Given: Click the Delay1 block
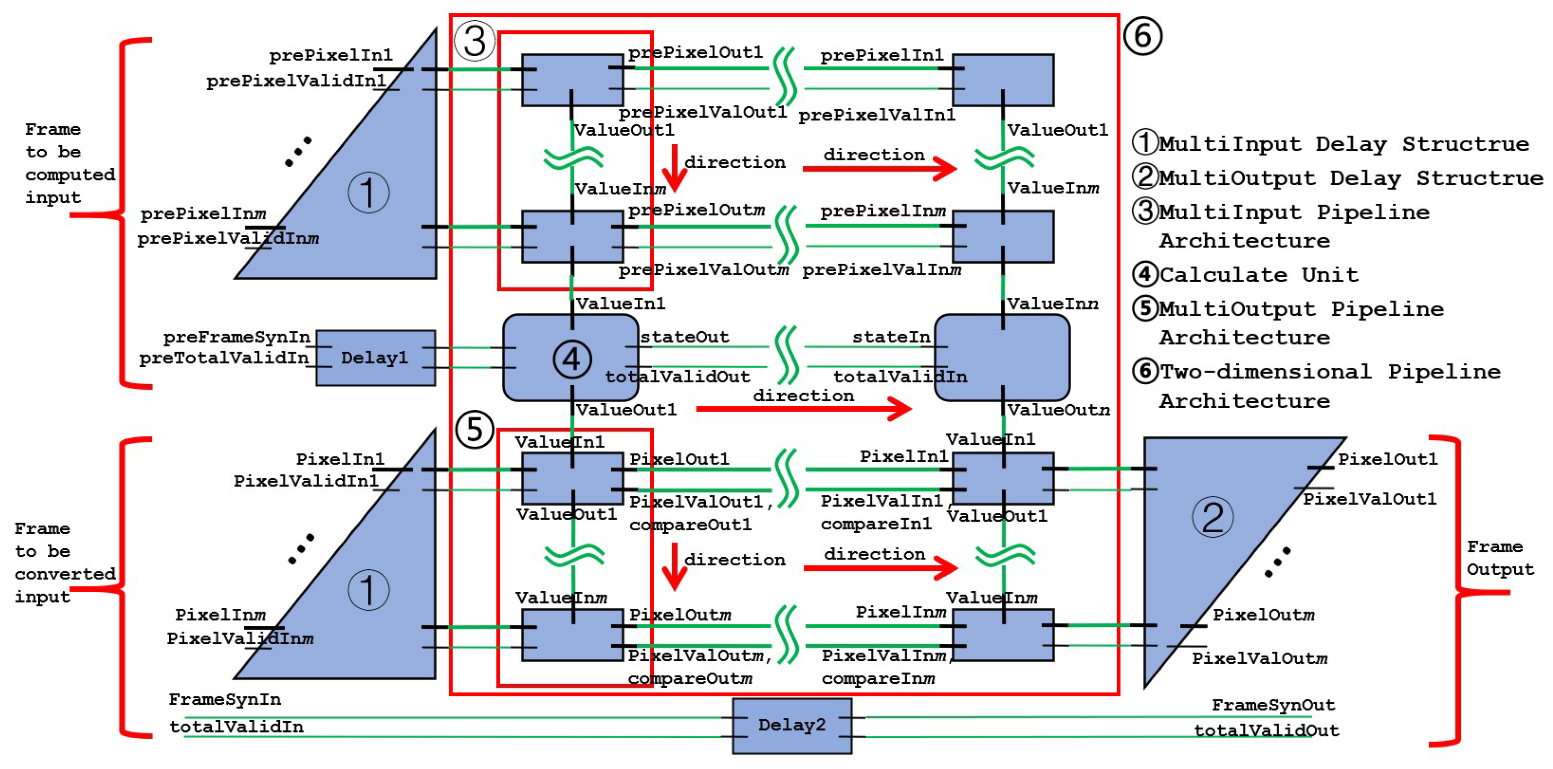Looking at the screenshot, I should pos(375,357).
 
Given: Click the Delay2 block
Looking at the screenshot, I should pos(791,725).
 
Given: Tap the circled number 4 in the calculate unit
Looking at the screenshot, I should pos(572,359).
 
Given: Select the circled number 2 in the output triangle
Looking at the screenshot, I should pos(1212,517).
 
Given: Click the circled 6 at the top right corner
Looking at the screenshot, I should pos(1143,36).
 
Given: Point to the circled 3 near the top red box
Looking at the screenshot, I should pos(475,41).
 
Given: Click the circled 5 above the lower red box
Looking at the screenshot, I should pos(475,429).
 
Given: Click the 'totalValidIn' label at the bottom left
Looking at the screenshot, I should pos(236,727).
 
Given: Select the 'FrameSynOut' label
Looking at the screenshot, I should pos(1273,705).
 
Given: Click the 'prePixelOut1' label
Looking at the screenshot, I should pos(695,53).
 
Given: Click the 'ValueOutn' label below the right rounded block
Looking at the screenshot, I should pos(1058,410).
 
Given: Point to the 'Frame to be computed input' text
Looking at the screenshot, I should pos(69,164).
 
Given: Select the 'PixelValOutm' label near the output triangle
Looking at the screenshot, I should pos(1259,658).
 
